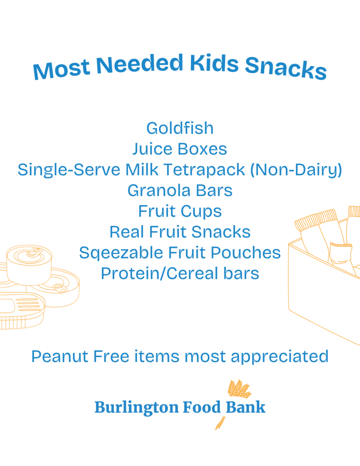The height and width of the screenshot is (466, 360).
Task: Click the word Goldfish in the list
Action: tap(180, 128)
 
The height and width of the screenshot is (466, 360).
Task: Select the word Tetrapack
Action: tap(204, 170)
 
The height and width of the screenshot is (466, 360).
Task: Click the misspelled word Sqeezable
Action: tap(121, 253)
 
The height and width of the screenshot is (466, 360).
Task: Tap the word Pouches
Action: tap(246, 253)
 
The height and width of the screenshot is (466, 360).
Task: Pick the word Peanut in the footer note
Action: tap(60, 356)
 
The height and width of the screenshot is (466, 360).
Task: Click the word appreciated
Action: tap(279, 357)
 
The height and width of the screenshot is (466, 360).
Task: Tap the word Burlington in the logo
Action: tap(137, 407)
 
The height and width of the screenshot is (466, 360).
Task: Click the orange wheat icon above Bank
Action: tap(239, 389)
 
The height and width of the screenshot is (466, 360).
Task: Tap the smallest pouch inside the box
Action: tap(341, 254)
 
